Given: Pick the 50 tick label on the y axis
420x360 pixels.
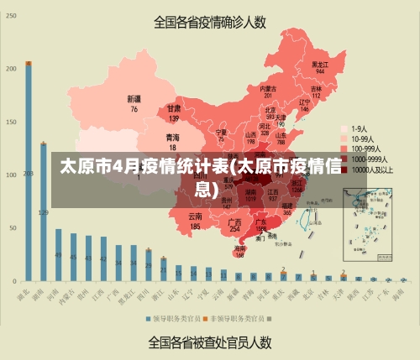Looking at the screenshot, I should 13,227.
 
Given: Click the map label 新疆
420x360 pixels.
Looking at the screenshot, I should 134,99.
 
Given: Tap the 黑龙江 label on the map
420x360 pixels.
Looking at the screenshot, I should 319,64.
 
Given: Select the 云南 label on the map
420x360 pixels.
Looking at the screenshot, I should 195,217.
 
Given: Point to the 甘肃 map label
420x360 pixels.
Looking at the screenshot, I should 174,108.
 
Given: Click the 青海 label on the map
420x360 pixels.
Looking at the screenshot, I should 172,137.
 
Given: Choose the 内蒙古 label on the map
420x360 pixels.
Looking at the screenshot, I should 268,88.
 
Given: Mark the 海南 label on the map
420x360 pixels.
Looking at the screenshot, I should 240,248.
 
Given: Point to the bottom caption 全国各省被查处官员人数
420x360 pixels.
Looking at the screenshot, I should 210,342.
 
